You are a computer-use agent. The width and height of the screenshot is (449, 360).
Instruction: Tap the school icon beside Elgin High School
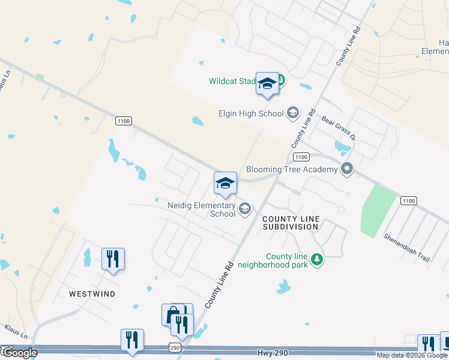(292, 112)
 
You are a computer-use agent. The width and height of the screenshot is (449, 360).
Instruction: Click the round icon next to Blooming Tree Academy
(346, 169)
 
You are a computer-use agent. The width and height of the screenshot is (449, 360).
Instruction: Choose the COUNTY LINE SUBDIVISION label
(291, 223)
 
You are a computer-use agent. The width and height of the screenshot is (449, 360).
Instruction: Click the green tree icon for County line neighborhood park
(316, 259)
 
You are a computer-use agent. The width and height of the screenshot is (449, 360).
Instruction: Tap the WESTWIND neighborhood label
(91, 295)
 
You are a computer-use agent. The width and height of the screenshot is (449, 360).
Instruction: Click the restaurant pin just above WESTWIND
(113, 260)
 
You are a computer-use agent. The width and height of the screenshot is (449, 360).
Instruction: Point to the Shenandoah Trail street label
(407, 247)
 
